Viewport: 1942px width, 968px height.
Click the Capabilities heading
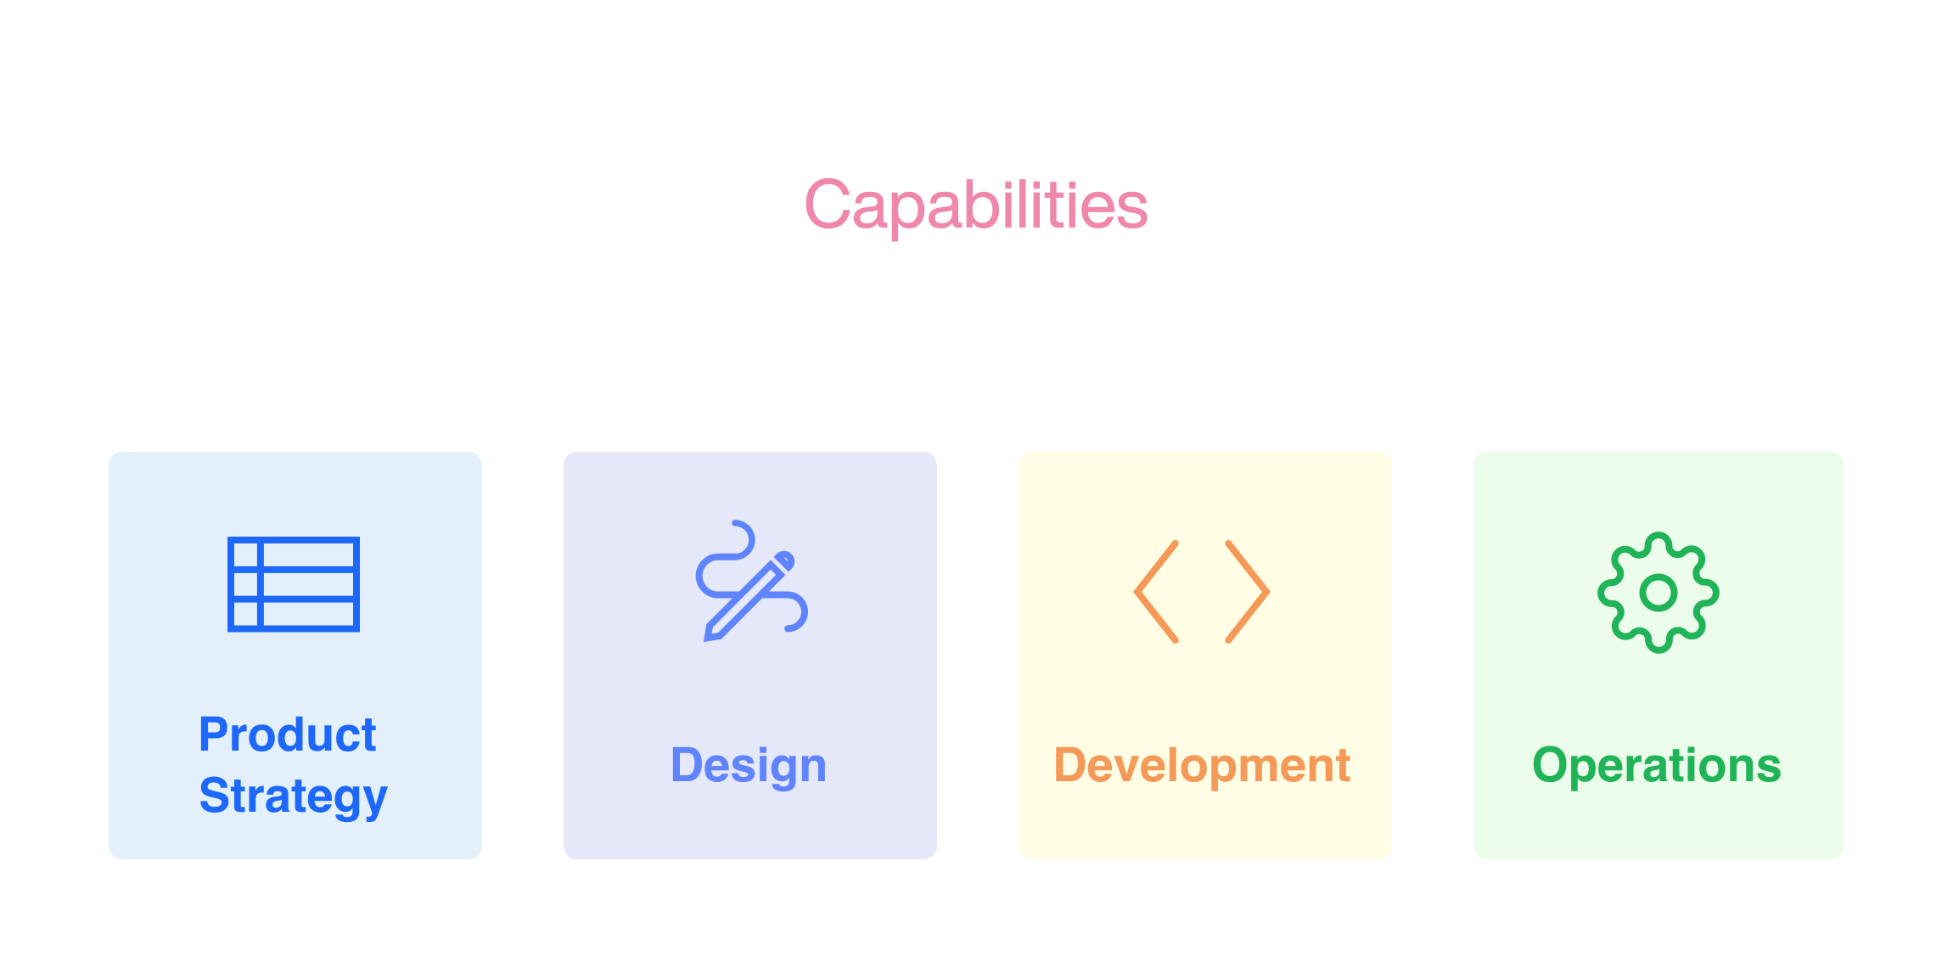(x=976, y=205)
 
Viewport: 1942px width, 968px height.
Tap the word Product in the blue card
(x=288, y=734)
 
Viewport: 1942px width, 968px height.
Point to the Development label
(x=1202, y=766)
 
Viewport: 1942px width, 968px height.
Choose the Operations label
(x=1657, y=765)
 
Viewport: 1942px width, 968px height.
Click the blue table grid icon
(x=294, y=584)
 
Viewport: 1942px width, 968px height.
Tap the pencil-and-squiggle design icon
(x=752, y=581)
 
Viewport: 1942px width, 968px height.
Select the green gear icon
(x=1659, y=593)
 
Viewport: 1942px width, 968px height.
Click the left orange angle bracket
(x=1156, y=592)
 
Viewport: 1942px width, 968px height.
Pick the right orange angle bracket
(x=1248, y=592)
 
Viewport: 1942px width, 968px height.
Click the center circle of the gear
(x=1659, y=593)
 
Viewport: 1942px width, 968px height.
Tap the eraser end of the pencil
(x=786, y=560)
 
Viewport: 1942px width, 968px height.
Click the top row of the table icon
(x=294, y=554)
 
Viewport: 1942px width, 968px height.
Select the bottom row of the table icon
(x=294, y=615)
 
